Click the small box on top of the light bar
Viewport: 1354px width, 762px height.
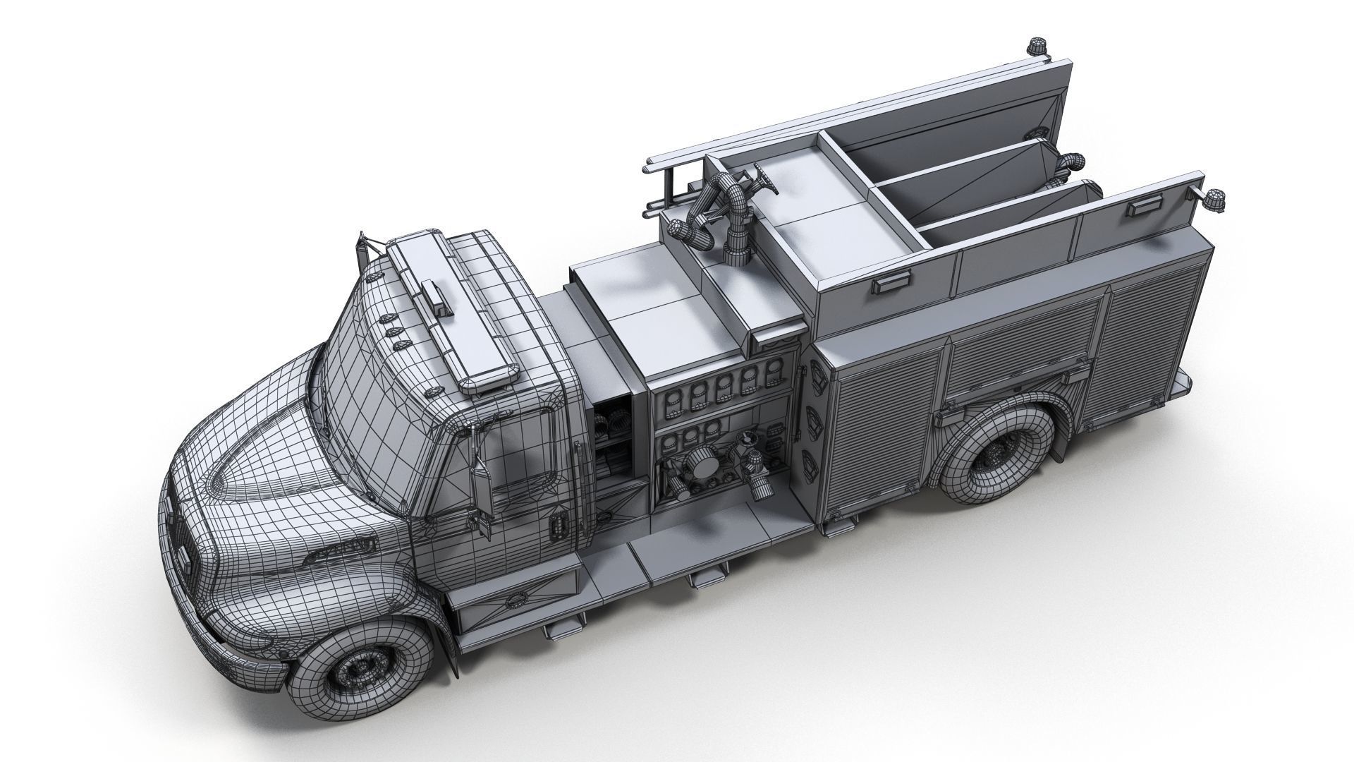437,297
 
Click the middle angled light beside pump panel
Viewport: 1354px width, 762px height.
814,417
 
